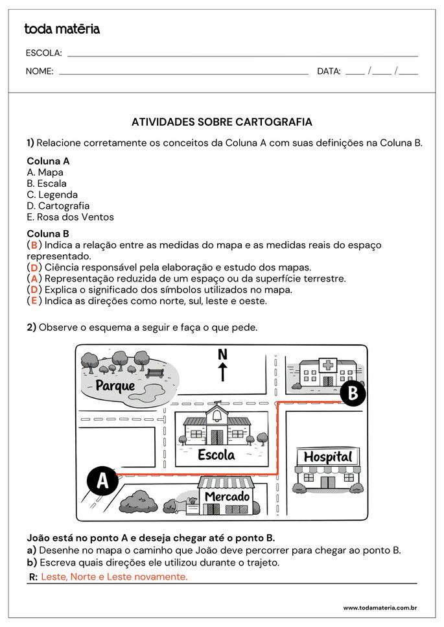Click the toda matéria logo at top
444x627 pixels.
[62, 29]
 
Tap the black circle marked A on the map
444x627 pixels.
[102, 481]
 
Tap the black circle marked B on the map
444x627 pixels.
[353, 392]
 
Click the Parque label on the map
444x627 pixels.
[115, 386]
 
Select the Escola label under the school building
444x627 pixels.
[216, 455]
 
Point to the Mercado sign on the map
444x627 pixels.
[227, 497]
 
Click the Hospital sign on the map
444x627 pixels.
[328, 456]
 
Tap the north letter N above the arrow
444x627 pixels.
[222, 354]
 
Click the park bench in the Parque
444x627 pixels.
[154, 373]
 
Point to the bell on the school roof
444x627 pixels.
[216, 416]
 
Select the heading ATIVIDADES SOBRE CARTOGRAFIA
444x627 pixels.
[222, 122]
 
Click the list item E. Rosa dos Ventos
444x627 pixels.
[70, 217]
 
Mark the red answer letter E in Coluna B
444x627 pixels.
[34, 301]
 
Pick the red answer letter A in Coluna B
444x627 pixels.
[34, 279]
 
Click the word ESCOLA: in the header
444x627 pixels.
[43, 53]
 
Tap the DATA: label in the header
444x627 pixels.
[329, 71]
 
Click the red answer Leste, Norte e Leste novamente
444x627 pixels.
[114, 577]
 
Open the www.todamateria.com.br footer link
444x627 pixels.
[379, 608]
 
